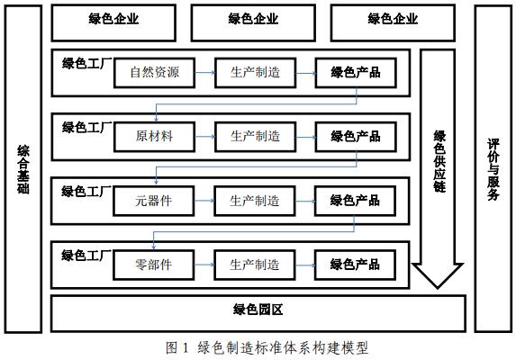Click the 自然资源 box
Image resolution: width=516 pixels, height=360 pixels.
(x=154, y=73)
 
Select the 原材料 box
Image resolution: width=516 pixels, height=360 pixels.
(x=154, y=137)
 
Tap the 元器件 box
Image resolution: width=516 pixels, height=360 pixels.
(x=154, y=201)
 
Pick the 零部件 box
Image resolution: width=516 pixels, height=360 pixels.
(x=154, y=265)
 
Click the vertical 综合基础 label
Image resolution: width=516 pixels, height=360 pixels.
(x=23, y=169)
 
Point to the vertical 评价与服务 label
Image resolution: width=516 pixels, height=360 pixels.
(x=493, y=169)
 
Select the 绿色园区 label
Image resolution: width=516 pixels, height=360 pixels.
(x=258, y=311)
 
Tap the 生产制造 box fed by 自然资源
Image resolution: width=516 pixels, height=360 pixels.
(x=255, y=73)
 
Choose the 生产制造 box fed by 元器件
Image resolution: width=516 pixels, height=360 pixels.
(x=255, y=201)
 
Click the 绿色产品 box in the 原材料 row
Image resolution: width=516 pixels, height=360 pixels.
(x=355, y=137)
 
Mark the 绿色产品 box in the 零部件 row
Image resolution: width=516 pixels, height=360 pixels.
(x=355, y=265)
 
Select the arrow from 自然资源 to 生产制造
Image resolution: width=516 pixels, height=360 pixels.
(x=204, y=73)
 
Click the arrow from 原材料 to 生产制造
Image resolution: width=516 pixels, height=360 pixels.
(x=204, y=137)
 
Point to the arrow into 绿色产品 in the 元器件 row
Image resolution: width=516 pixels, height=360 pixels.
(x=304, y=201)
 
